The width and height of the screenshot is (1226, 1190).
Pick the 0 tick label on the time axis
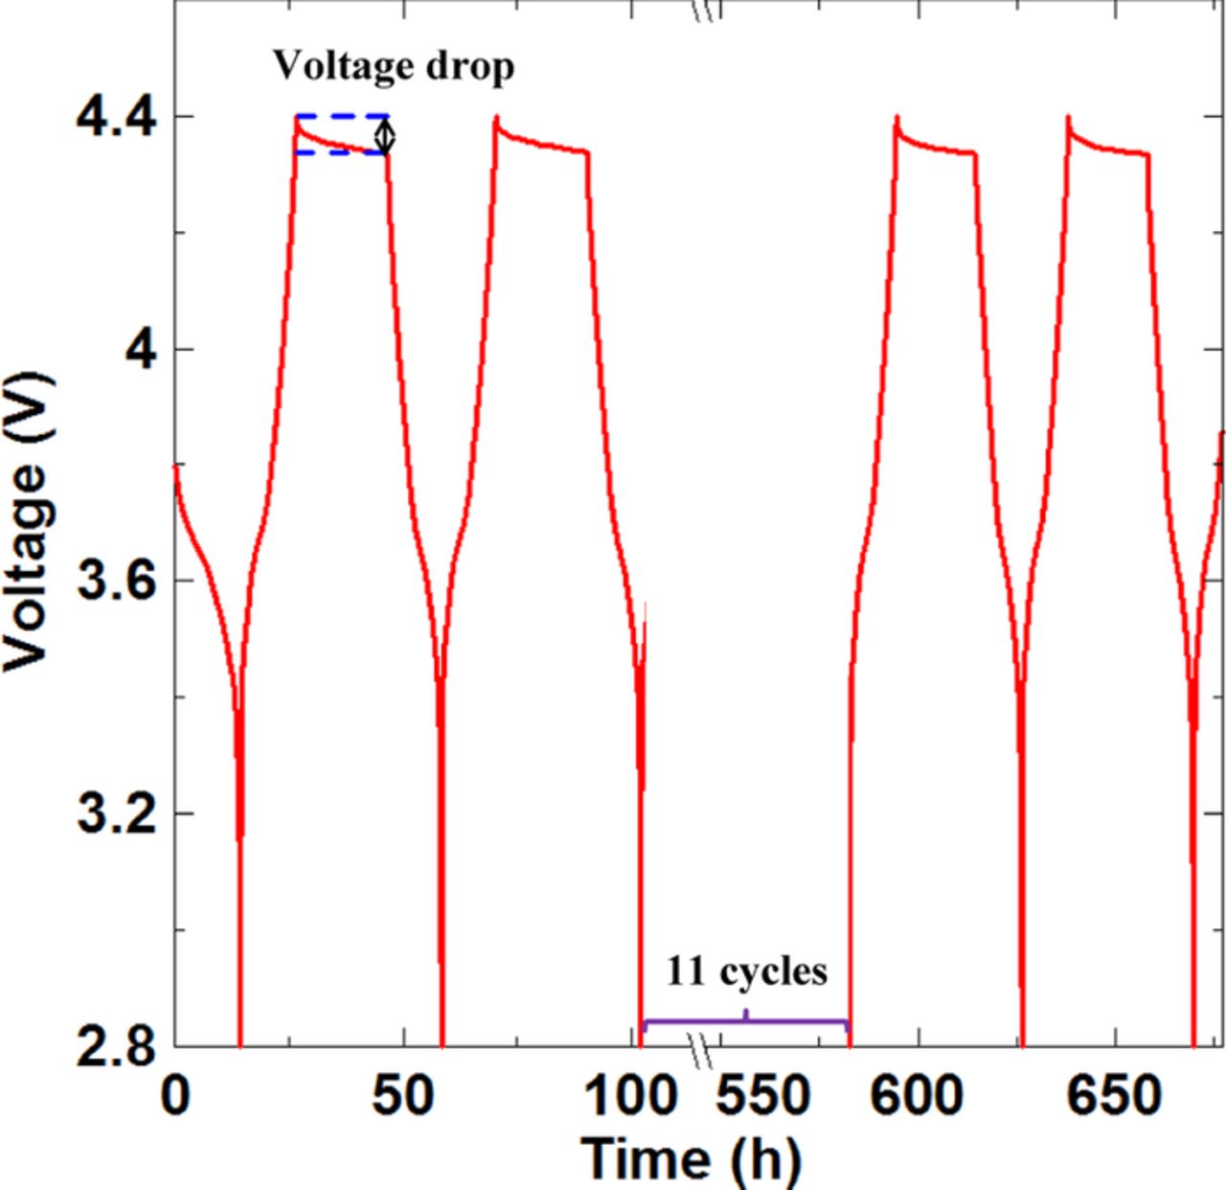click(x=175, y=1095)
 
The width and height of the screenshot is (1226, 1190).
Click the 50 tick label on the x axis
click(x=403, y=1095)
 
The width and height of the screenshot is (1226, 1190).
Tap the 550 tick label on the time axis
click(x=764, y=1095)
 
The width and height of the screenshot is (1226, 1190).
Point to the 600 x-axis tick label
click(x=917, y=1095)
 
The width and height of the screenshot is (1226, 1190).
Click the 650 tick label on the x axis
click(x=1115, y=1095)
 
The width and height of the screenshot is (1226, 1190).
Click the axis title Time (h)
click(x=691, y=1156)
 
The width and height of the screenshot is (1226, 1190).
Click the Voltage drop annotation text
click(x=394, y=67)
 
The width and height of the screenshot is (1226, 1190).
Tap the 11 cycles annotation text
click(x=746, y=972)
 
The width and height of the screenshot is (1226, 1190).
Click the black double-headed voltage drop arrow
click(x=385, y=135)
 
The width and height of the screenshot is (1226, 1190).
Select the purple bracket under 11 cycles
click(x=746, y=1021)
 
